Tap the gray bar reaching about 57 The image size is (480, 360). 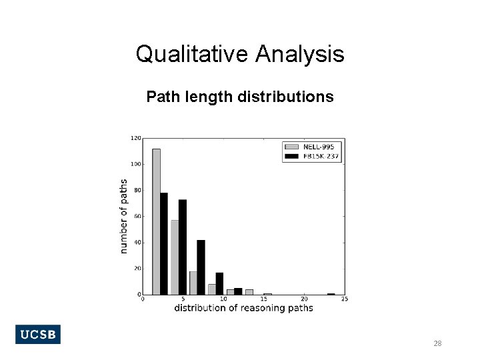[x=175, y=257]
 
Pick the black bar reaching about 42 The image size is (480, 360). [x=201, y=267]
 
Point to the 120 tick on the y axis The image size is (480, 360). [x=135, y=139]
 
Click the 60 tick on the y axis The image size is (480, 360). [x=137, y=217]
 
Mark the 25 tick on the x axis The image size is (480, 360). [x=345, y=299]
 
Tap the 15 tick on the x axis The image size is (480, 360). [x=264, y=299]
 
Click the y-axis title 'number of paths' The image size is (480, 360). [x=124, y=216]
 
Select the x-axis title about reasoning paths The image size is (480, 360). [x=243, y=308]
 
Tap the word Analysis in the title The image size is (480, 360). [x=300, y=54]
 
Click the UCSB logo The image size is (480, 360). [x=37, y=335]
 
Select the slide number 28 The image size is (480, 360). [x=437, y=343]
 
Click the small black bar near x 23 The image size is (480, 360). [x=331, y=294]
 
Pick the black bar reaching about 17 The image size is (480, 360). [x=219, y=283]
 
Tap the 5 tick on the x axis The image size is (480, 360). [x=183, y=299]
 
